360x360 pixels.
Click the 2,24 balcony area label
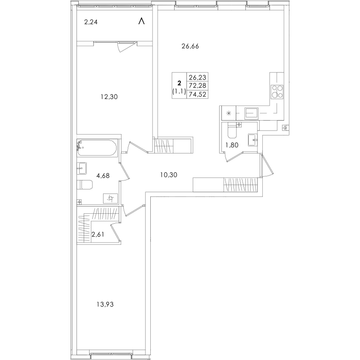coord(91,22)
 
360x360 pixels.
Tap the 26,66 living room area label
coord(190,46)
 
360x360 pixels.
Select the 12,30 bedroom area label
coord(109,97)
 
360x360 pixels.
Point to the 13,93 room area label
coord(105,305)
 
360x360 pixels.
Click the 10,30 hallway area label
coord(169,175)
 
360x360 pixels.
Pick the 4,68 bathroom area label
coord(103,176)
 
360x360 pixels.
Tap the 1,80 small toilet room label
coord(232,145)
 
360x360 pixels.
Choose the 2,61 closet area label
coord(98,234)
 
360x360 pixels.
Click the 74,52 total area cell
coord(198,94)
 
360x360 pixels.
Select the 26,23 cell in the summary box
coord(198,77)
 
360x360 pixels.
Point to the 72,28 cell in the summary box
coord(198,85)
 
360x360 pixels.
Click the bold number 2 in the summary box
coord(179,83)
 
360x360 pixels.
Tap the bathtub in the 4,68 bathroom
coord(97,148)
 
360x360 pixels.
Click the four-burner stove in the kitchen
coord(277,91)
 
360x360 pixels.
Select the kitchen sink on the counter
coord(252,113)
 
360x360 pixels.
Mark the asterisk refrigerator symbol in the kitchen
coord(229,113)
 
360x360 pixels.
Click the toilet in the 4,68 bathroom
coord(85,185)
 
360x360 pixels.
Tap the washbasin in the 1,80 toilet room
coord(253,140)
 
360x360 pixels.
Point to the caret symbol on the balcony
coord(142,21)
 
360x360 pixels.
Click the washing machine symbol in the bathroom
coord(110,198)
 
